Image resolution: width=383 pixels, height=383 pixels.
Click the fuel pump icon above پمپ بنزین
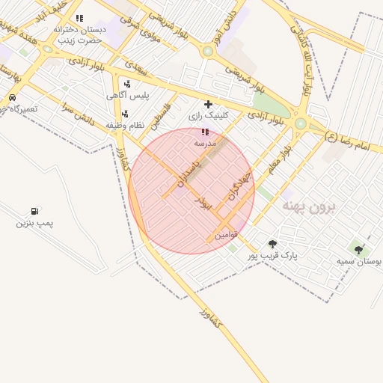34,212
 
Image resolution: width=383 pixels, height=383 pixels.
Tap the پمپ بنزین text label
34,224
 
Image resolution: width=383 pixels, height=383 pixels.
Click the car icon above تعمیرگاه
12,98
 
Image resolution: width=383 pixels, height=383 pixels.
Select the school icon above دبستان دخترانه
79,18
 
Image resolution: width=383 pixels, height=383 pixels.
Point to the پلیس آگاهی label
128,95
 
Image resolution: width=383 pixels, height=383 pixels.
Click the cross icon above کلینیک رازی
208,104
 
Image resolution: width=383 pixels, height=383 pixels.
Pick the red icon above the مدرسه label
205,132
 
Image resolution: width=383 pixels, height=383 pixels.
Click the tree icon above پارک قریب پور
272,244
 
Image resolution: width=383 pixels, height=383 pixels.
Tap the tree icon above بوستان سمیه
358,250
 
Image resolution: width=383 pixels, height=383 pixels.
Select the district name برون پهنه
308,204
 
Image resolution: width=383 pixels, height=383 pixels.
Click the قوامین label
226,235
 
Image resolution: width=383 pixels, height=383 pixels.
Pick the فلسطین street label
159,114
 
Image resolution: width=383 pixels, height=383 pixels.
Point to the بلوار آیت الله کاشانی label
304,62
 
